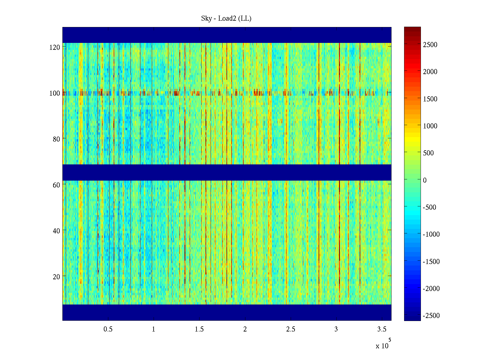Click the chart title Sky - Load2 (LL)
pos(226,19)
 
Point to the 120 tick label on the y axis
pos(55,47)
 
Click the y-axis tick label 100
pos(55,93)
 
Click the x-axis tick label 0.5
pos(108,329)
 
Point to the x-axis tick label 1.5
pos(199,329)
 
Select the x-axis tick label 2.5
pos(290,329)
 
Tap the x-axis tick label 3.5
pos(382,329)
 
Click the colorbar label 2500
pos(430,45)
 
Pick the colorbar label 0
pos(424,180)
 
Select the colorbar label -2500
pos(431,316)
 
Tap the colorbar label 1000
pos(430,126)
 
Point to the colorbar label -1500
pos(431,262)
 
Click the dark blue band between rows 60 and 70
pos(227,172)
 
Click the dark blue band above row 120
pos(227,35)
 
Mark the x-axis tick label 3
pos(336,329)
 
